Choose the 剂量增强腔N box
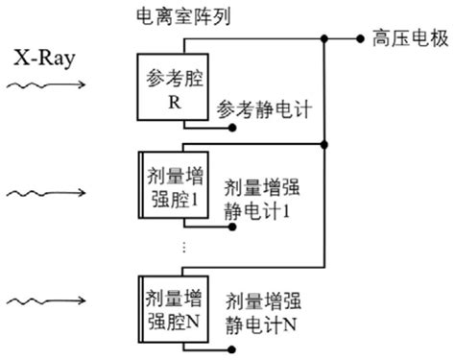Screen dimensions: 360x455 pos(169,308)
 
